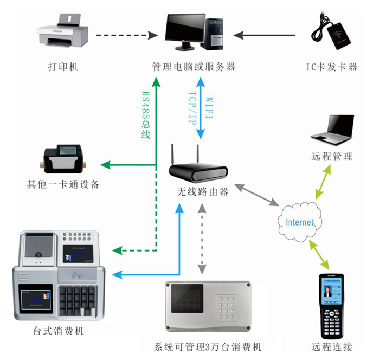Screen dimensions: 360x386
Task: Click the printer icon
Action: point(62,31)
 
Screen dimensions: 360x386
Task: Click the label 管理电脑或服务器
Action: point(194,67)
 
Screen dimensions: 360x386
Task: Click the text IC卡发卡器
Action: point(332,67)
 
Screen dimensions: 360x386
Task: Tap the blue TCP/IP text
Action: point(192,108)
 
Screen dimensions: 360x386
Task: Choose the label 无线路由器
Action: point(202,192)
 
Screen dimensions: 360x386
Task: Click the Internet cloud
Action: point(299,222)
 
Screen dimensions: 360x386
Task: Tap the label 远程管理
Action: point(332,157)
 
